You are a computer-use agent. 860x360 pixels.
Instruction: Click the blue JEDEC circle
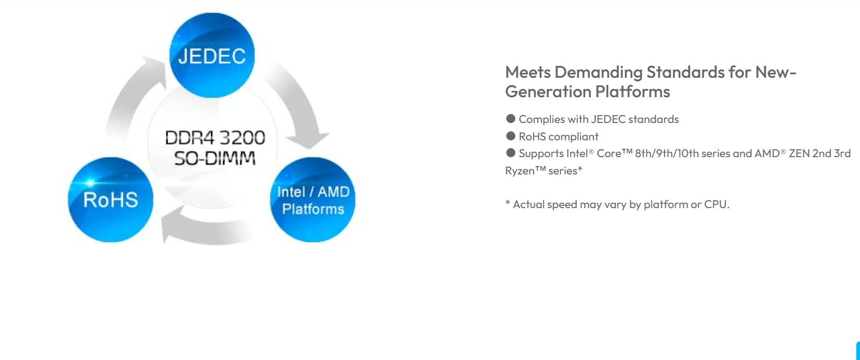(x=212, y=55)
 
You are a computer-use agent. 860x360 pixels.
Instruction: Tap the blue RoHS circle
(x=110, y=200)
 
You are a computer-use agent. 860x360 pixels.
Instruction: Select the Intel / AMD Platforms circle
(x=313, y=200)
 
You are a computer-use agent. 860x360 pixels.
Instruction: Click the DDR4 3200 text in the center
(x=215, y=138)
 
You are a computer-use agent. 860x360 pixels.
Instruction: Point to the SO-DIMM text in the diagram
(x=215, y=158)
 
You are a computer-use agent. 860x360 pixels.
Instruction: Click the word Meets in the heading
(x=528, y=72)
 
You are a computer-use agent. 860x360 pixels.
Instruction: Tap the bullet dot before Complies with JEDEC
(x=511, y=119)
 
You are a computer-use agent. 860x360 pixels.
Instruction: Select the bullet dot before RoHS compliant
(x=511, y=136)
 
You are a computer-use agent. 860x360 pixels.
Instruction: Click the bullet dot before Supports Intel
(x=511, y=153)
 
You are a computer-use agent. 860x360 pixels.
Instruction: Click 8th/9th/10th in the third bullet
(x=667, y=153)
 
